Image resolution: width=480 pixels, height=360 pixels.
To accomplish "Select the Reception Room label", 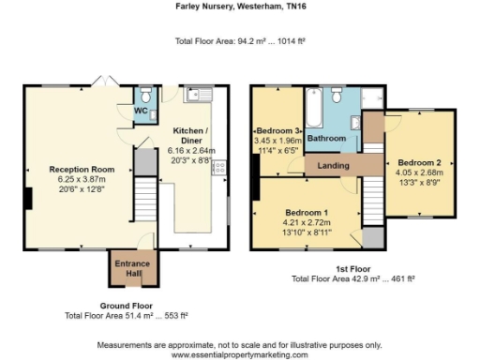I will [x=82, y=170].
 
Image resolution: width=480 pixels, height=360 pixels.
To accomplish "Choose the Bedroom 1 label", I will [x=307, y=213].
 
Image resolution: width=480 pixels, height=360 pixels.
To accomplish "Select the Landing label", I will [x=334, y=166].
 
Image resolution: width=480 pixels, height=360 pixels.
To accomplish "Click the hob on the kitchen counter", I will [x=221, y=168].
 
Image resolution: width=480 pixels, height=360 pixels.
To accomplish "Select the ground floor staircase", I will [x=143, y=202].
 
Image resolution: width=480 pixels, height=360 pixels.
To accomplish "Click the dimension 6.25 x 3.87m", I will [x=82, y=179].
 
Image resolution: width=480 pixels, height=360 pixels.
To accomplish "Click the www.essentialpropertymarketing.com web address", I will [x=239, y=354].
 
